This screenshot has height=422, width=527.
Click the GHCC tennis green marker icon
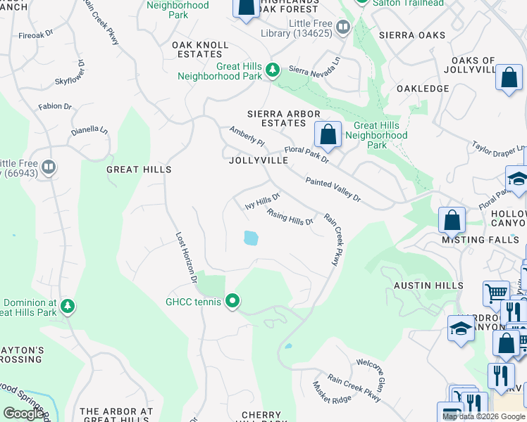(x=232, y=302)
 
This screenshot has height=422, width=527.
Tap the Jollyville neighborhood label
(x=259, y=160)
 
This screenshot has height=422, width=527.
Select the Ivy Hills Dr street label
(x=263, y=202)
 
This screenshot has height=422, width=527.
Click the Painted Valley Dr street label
(x=333, y=190)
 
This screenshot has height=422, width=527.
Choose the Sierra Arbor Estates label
(x=284, y=118)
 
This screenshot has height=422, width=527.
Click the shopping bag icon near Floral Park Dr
(x=328, y=133)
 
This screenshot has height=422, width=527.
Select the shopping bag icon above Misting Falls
(x=452, y=220)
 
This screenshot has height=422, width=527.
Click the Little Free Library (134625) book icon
(x=343, y=27)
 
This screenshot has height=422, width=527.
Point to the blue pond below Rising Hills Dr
(x=250, y=238)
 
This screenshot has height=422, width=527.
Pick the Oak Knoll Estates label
(x=201, y=49)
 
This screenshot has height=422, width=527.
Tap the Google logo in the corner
(x=23, y=414)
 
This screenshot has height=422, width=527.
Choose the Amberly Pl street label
(x=247, y=136)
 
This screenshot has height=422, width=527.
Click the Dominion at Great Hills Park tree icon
(x=67, y=306)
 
